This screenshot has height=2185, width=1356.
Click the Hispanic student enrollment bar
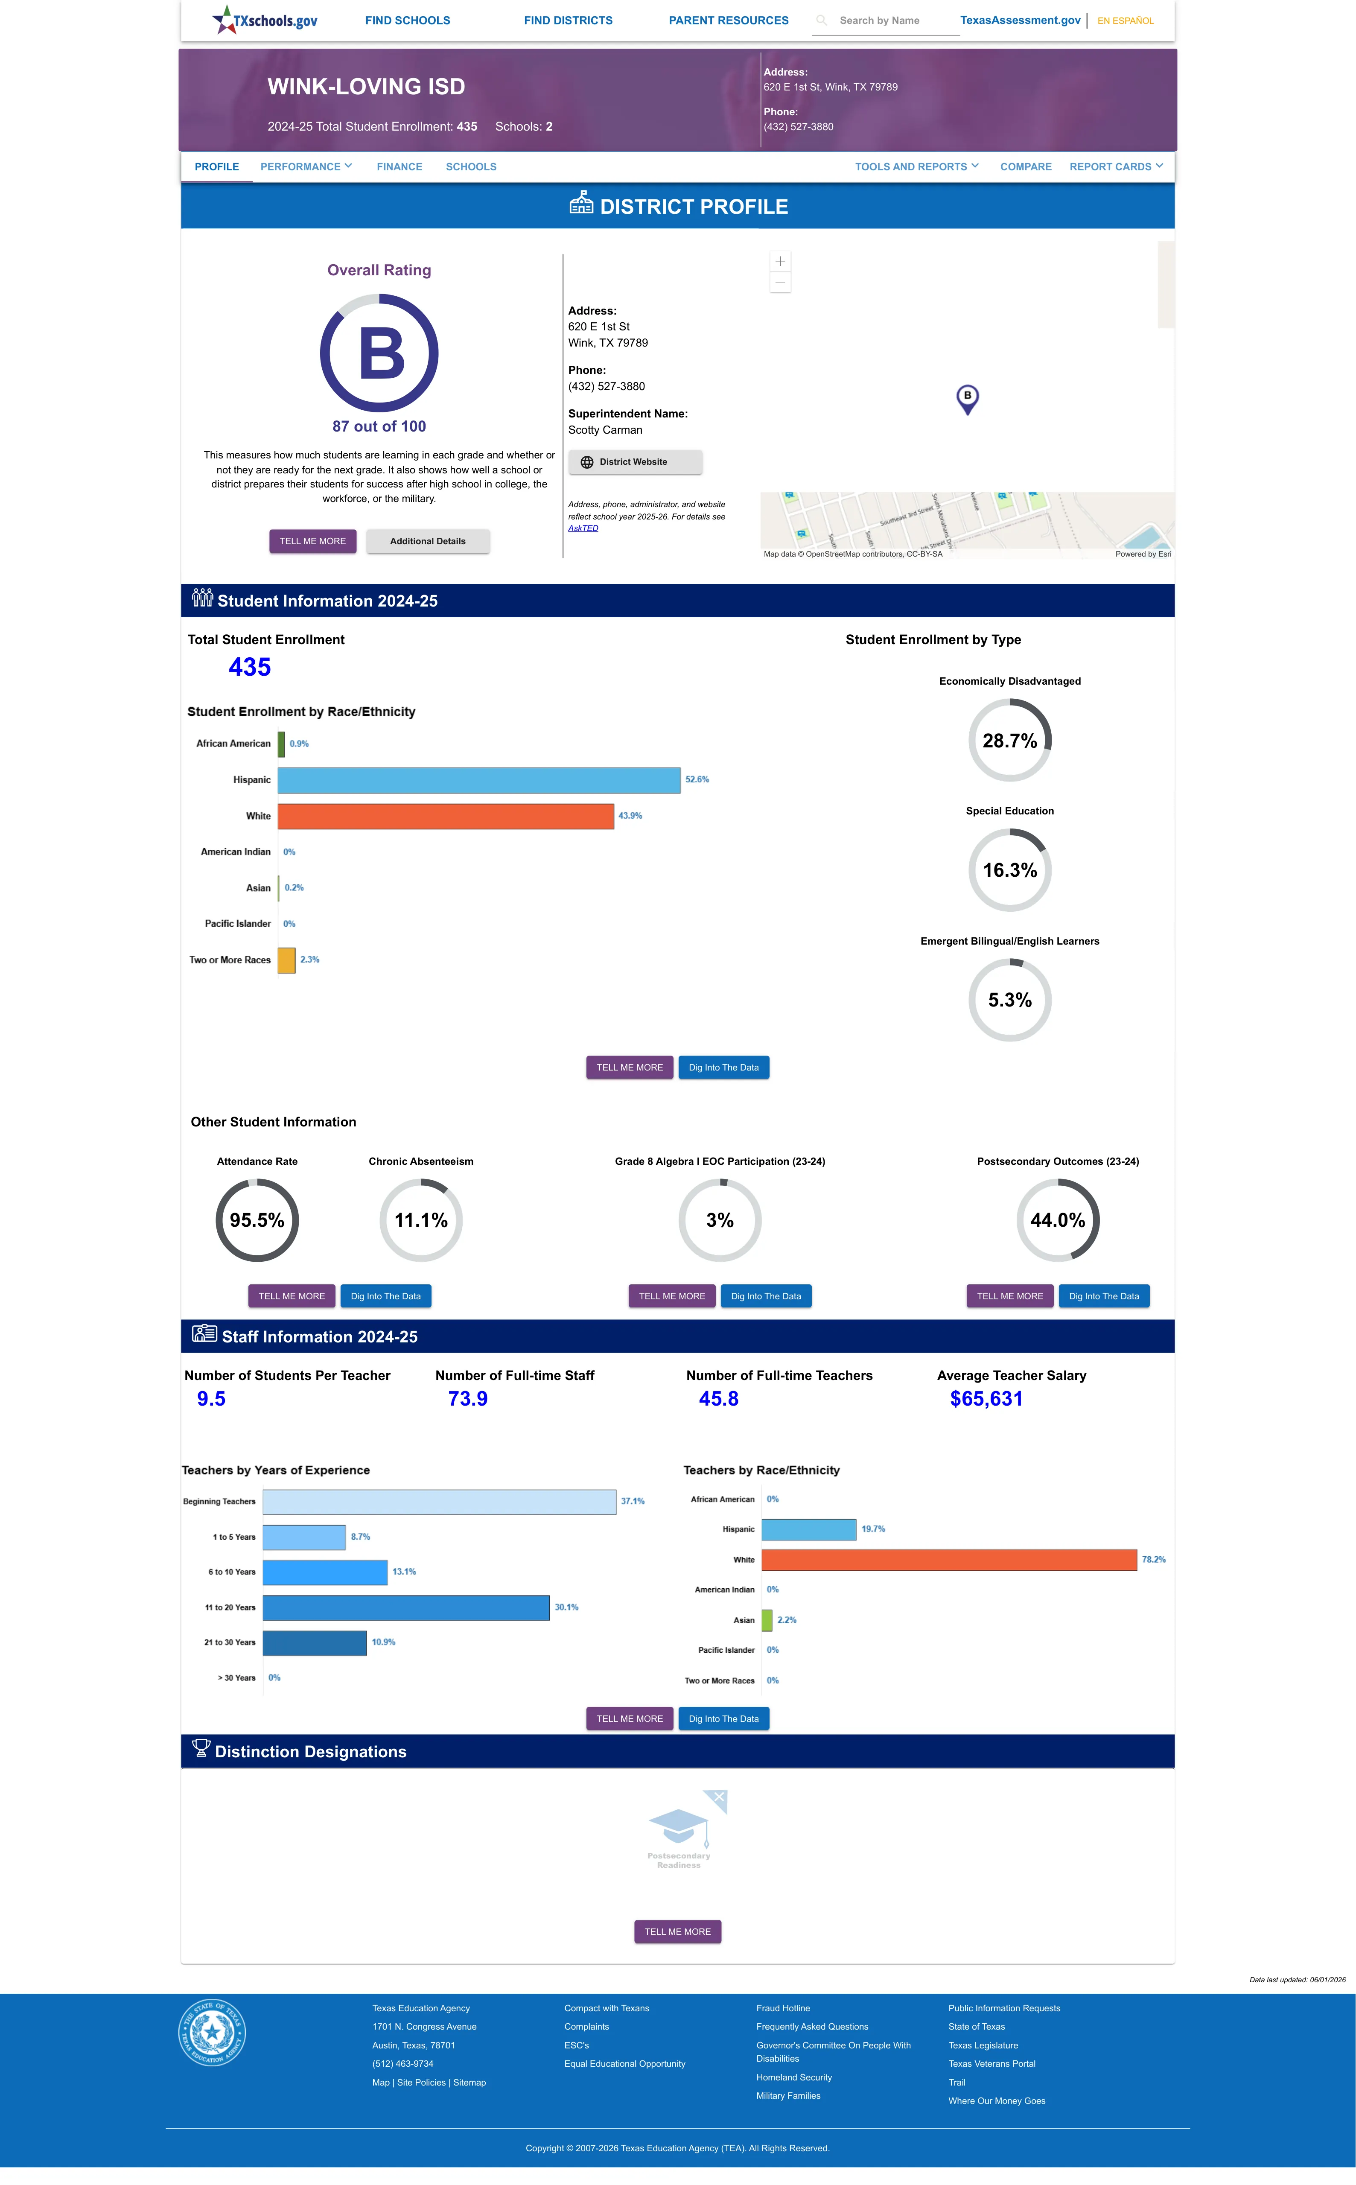click(x=479, y=780)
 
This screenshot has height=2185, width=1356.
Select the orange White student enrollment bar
click(x=446, y=816)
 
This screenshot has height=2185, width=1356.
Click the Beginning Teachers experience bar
click(x=440, y=1502)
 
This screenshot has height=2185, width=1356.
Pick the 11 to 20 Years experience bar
click(x=406, y=1607)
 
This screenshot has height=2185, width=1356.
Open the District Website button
click(x=635, y=462)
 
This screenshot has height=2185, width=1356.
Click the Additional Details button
click(x=428, y=542)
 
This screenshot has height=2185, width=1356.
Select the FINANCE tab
click(x=399, y=167)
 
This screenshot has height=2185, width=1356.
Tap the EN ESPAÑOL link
click(x=1126, y=20)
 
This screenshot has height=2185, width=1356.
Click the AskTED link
click(x=583, y=528)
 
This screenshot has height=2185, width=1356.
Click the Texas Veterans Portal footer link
click(x=992, y=2064)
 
